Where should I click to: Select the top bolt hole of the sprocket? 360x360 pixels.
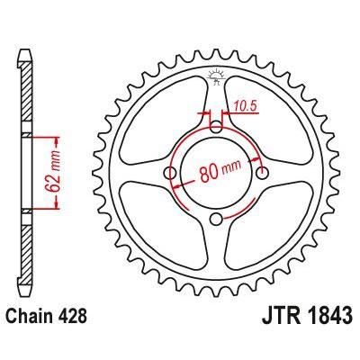coord(215,127)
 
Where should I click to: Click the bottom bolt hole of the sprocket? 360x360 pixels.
coord(215,220)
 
